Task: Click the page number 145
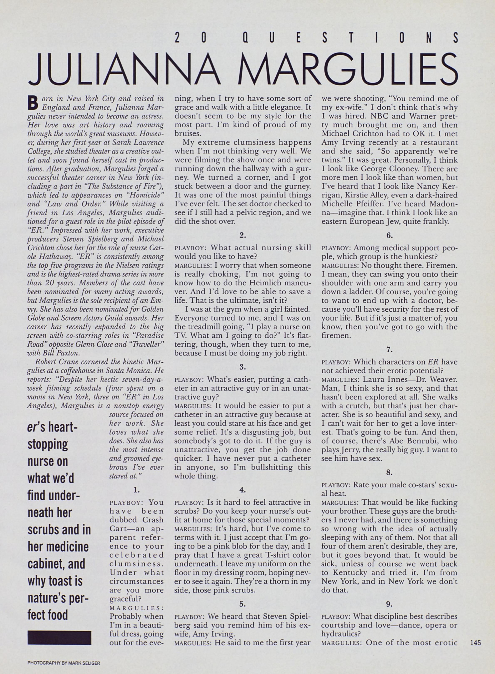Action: (x=475, y=642)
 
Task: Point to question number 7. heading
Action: (x=389, y=349)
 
